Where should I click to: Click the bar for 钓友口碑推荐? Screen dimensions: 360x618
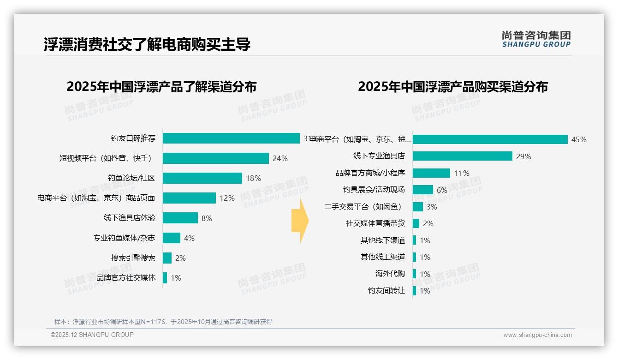[231, 138]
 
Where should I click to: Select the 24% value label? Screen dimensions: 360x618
[280, 158]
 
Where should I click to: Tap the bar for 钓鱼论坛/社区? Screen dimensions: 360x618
[202, 178]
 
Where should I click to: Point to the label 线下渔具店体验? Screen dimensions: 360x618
[130, 218]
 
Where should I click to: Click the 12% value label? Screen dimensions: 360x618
[227, 198]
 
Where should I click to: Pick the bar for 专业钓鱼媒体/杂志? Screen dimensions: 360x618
[172, 238]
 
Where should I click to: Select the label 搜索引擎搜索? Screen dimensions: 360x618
[133, 258]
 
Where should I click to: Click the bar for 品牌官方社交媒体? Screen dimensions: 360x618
[165, 278]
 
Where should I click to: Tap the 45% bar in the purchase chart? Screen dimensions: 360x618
[490, 139]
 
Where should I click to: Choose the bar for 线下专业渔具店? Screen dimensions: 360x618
[462, 156]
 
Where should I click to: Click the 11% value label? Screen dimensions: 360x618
[462, 173]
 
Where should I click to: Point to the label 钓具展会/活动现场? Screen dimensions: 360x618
[374, 190]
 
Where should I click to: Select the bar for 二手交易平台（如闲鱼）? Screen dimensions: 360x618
[418, 207]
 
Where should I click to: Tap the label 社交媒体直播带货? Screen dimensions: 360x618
[375, 223]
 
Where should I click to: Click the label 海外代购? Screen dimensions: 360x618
[390, 274]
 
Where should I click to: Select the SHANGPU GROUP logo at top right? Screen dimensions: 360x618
[536, 39]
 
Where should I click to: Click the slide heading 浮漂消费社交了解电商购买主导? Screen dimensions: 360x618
[147, 45]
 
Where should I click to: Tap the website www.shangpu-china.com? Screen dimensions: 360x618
[537, 335]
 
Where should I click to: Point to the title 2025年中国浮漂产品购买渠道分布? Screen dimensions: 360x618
[452, 87]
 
